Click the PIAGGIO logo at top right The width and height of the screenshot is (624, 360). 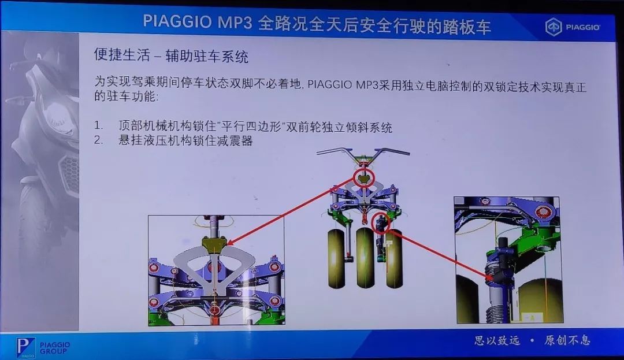(573, 27)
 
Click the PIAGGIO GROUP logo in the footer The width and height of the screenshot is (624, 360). (43, 347)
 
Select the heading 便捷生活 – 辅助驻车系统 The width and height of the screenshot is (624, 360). (171, 55)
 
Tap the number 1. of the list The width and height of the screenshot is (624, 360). (98, 126)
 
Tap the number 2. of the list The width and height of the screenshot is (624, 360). (98, 140)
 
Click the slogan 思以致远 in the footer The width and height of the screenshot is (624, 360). (497, 340)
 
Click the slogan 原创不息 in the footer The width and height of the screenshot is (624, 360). (567, 340)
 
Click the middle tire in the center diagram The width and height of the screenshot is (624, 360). (365, 257)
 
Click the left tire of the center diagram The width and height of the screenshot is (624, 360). (336, 258)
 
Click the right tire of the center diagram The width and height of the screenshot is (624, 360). (395, 258)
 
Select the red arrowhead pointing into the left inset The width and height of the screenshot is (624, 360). (230, 241)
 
